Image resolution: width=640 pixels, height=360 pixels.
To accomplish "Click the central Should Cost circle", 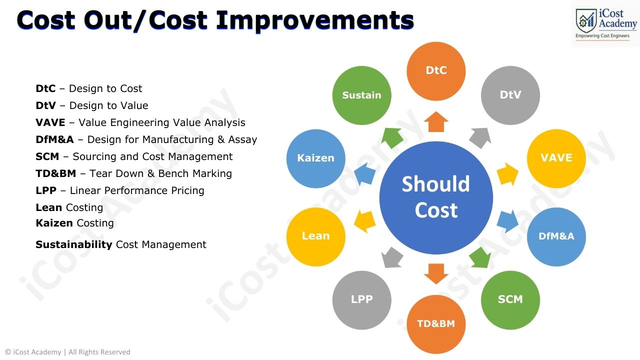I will pyautogui.click(x=436, y=198).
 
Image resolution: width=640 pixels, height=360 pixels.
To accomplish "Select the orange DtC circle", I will pyautogui.click(x=436, y=70).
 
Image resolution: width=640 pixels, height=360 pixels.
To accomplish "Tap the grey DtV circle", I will pyautogui.click(x=510, y=95).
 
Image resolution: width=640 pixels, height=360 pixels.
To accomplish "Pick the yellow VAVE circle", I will pyautogui.click(x=556, y=158).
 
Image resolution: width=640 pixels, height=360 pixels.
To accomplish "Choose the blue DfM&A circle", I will pyautogui.click(x=556, y=236).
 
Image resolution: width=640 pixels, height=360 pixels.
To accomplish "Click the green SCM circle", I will pyautogui.click(x=510, y=299).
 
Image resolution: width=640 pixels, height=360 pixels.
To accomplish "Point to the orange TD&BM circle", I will pyautogui.click(x=436, y=324).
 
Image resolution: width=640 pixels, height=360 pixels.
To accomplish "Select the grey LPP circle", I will pyautogui.click(x=361, y=299).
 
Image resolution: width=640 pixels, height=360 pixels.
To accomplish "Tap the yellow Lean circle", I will pyautogui.click(x=315, y=236).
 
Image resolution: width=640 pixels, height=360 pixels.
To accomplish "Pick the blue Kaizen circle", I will pyautogui.click(x=315, y=158).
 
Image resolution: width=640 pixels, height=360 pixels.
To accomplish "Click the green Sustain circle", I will pyautogui.click(x=361, y=95).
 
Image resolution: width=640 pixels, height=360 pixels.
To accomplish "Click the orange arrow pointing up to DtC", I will pyautogui.click(x=436, y=121).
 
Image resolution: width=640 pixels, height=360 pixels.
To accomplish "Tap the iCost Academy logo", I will pyautogui.click(x=605, y=23).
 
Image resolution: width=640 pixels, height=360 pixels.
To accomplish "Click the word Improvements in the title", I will pyautogui.click(x=315, y=20).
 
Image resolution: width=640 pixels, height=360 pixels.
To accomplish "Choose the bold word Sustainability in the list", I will pyautogui.click(x=73, y=244).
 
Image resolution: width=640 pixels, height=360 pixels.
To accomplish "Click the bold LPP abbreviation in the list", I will pyautogui.click(x=46, y=190).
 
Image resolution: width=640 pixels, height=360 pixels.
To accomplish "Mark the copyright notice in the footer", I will pyautogui.click(x=68, y=352).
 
